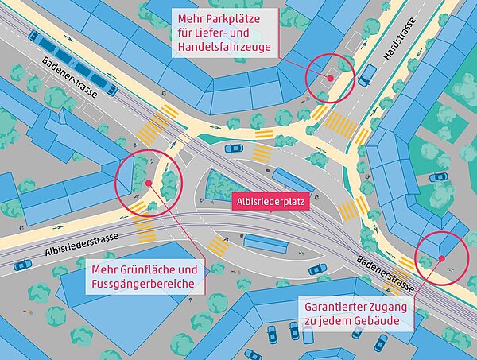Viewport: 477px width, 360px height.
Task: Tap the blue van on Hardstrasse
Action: tap(367, 75)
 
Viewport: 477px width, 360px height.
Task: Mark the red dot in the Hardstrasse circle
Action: tap(330, 78)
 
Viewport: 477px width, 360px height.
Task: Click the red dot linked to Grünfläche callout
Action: tap(148, 183)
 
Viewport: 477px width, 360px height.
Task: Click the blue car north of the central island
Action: tap(234, 148)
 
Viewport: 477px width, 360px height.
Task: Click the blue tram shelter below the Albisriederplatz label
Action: tap(266, 242)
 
